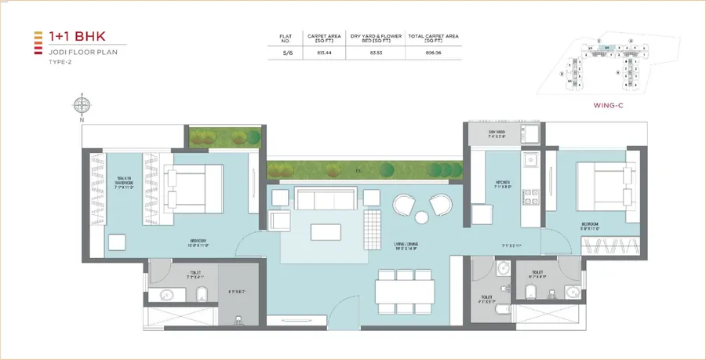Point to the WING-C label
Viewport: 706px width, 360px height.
610,103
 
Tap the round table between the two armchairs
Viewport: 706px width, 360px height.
420,216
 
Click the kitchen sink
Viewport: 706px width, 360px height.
529,159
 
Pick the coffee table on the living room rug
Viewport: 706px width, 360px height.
326,232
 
